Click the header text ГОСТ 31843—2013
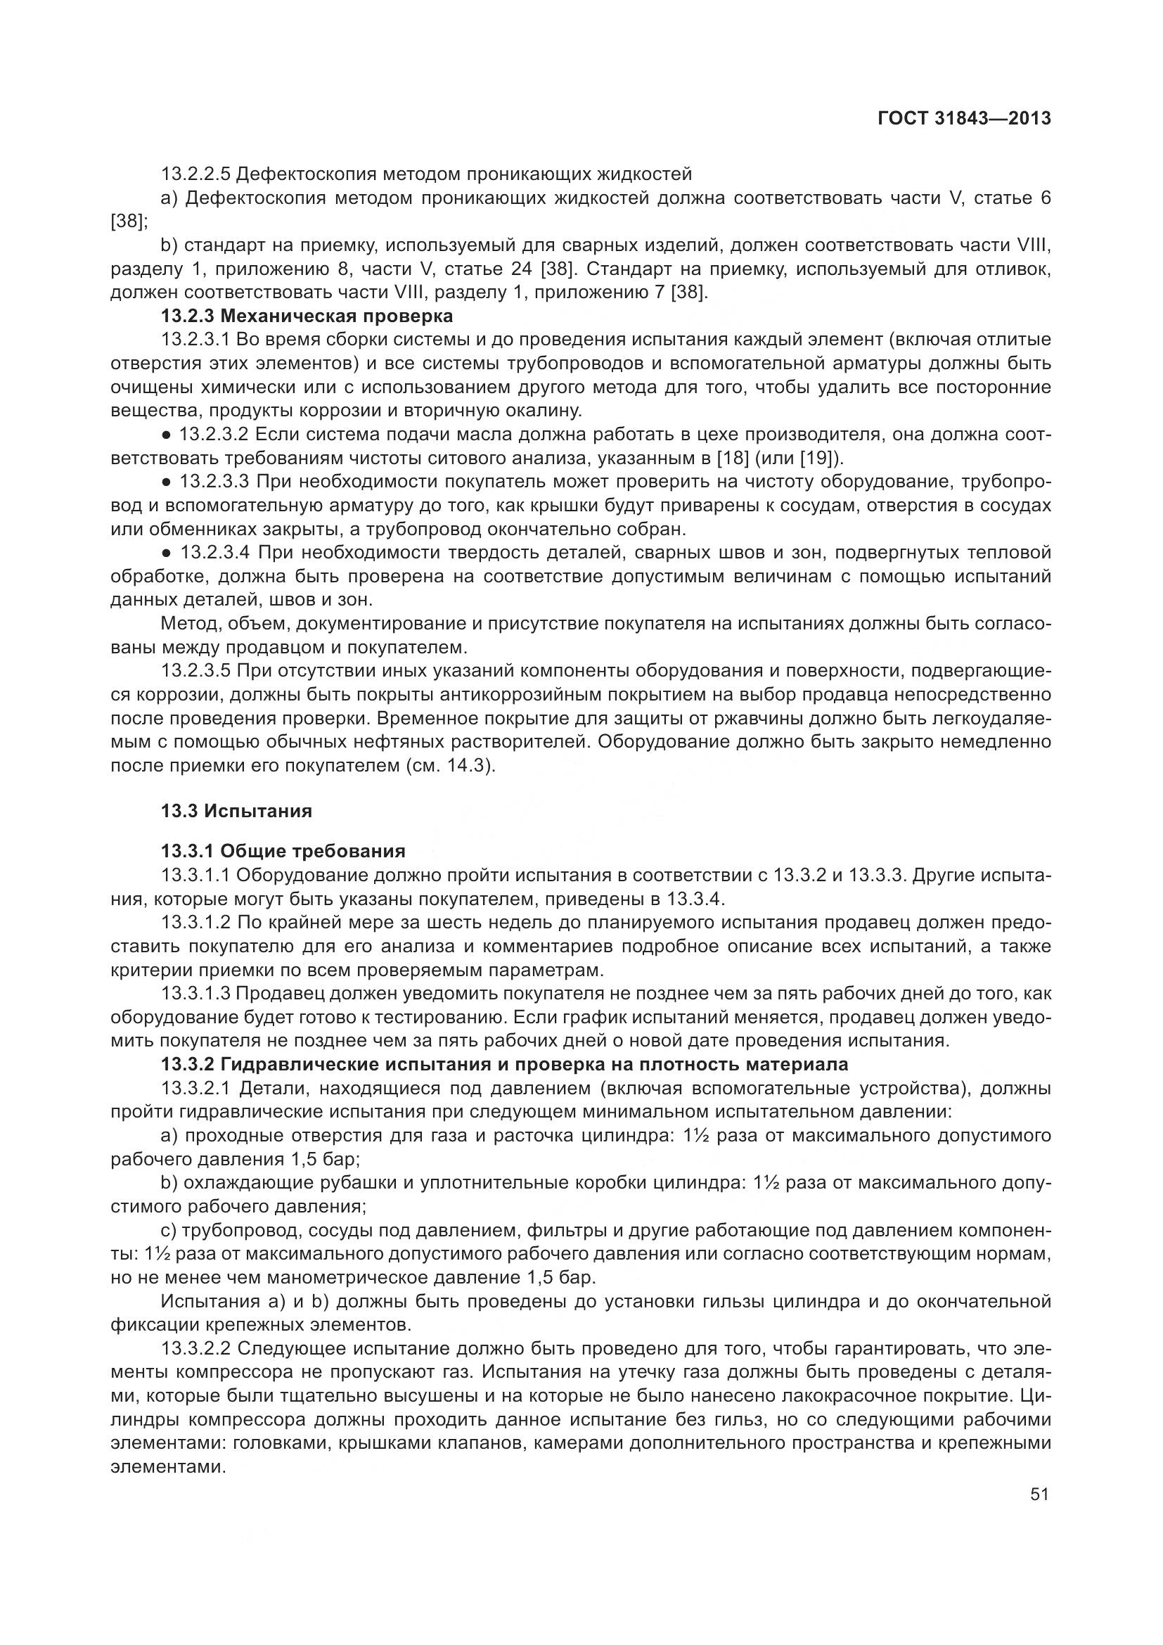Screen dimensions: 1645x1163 [964, 118]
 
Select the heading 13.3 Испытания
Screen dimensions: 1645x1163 [236, 811]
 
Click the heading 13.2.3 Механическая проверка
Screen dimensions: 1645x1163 [307, 316]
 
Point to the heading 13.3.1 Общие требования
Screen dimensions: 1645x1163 [283, 851]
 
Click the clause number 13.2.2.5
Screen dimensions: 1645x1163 [195, 174]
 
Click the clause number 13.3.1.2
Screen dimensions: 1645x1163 [195, 922]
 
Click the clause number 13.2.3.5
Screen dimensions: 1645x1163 [195, 672]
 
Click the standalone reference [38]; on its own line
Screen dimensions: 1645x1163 [128, 221]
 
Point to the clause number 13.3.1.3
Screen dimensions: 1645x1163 [195, 994]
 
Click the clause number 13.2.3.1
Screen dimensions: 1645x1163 [195, 340]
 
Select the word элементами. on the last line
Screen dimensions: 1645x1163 [167, 1466]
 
